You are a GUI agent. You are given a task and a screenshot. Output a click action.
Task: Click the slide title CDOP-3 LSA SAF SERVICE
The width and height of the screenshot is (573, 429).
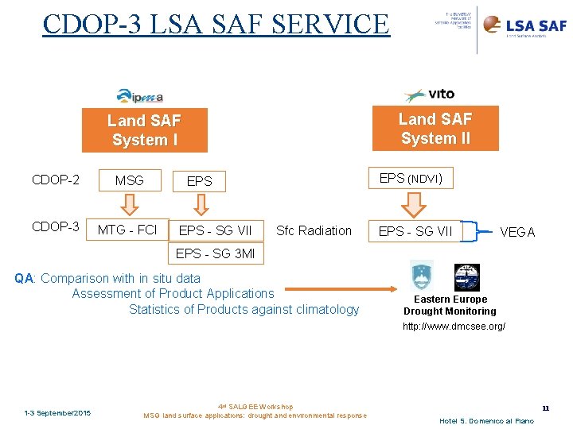pos(216,24)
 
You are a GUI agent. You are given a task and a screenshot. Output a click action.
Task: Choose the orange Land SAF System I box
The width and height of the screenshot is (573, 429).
pos(145,130)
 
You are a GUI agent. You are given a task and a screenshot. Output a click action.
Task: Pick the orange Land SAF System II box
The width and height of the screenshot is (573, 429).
pos(435,128)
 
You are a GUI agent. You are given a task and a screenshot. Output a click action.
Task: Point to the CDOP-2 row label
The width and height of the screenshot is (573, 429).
pos(56,180)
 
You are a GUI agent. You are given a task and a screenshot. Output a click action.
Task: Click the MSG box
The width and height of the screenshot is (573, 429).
pos(129,180)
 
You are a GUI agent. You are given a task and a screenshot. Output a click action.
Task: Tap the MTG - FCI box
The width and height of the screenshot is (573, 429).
pos(127,230)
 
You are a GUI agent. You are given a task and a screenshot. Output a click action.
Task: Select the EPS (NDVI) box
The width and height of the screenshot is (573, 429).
pos(411,179)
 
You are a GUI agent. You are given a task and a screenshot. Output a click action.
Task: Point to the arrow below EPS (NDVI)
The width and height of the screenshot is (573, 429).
pos(412,204)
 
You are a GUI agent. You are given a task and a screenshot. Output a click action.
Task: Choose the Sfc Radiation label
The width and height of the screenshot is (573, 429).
pos(314,230)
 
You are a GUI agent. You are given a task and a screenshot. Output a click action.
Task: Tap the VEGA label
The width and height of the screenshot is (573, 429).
pos(517,232)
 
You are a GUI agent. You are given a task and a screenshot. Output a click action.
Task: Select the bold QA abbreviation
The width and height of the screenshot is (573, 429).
pos(24,278)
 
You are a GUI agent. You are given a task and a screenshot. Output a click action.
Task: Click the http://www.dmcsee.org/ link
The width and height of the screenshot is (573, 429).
pos(454,327)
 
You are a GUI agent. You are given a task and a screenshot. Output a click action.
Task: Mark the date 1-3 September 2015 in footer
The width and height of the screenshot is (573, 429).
pos(57,412)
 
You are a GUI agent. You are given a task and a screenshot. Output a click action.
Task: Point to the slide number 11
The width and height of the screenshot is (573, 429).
pos(545,408)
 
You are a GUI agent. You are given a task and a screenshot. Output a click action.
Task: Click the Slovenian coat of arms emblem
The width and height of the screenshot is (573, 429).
pos(421,275)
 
